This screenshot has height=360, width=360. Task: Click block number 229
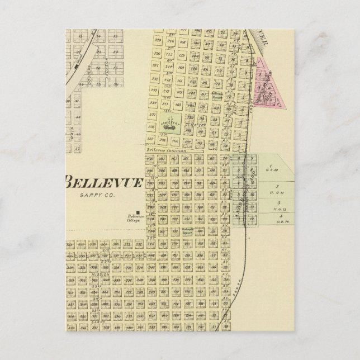(x=157, y=41)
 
